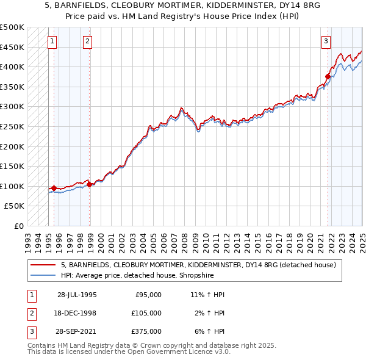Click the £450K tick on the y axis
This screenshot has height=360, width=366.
coord(12,47)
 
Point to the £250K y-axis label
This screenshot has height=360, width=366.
coord(12,126)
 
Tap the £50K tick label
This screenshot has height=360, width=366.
coord(15,206)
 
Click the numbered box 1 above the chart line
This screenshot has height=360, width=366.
coord(52,41)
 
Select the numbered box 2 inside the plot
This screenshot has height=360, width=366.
coord(88,41)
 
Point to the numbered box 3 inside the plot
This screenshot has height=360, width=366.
coord(326,41)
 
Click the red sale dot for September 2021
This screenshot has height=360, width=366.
coord(328,76)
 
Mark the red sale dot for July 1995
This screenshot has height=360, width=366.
coord(54,188)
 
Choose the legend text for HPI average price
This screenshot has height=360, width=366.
coord(138,275)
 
